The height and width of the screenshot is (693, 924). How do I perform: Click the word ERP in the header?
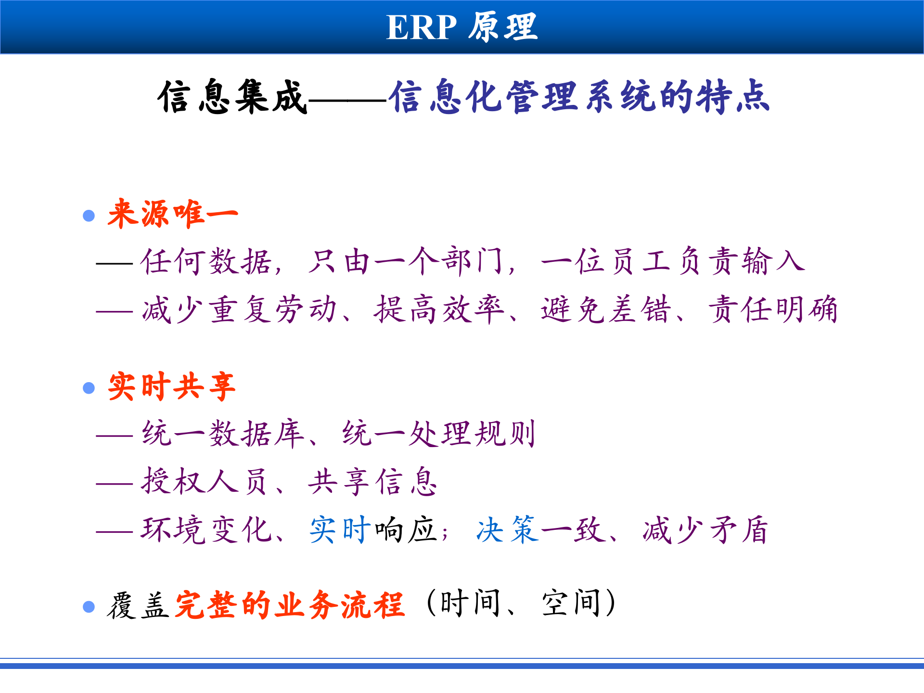point(421,27)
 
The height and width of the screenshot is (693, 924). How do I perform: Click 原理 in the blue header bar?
point(503,27)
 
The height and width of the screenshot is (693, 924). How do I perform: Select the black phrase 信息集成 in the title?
point(232,97)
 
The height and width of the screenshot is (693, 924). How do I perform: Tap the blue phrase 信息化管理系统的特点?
point(580,97)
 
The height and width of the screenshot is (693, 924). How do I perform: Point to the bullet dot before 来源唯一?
point(89,215)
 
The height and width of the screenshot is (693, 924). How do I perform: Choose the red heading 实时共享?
point(172,386)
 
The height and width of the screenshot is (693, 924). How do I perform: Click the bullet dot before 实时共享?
point(89,388)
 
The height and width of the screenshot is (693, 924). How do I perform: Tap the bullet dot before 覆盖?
point(89,606)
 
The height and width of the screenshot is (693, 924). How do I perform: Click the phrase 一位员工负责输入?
point(673,261)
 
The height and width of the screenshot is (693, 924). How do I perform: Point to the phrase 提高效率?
point(439,309)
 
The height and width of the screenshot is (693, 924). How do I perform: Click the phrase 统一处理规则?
point(439,434)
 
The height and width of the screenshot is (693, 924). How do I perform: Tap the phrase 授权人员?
point(204,481)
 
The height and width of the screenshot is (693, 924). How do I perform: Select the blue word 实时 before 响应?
point(340,529)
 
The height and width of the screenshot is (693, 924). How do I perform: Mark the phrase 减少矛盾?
point(705,529)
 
